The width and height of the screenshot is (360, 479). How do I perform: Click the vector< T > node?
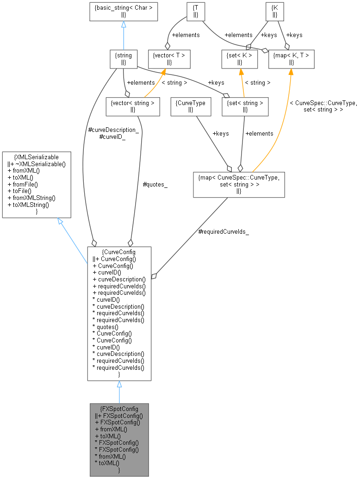tap(169, 58)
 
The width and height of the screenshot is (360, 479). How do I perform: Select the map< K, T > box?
tap(292, 58)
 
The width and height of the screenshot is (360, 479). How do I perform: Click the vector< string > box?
tap(132, 106)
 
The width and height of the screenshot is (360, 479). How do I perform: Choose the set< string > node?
tap(245, 106)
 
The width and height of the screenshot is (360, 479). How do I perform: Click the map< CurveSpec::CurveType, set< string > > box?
tap(238, 184)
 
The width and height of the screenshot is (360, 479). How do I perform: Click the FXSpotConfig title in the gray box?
tap(119, 409)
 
